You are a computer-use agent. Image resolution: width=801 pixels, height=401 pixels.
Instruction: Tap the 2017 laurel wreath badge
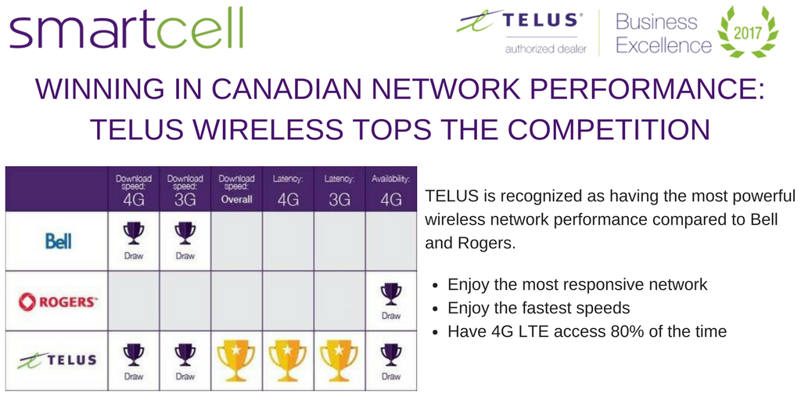[x=749, y=32]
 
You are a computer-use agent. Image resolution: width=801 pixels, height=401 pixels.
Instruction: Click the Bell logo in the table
[x=58, y=241]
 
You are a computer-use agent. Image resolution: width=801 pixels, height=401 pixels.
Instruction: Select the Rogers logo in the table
[x=58, y=302]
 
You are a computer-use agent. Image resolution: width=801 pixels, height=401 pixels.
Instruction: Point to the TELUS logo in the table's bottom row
[x=58, y=360]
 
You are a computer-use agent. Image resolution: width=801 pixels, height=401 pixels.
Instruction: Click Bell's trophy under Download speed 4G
[x=133, y=234]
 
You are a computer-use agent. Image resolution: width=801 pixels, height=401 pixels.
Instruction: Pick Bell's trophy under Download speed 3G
[x=185, y=234]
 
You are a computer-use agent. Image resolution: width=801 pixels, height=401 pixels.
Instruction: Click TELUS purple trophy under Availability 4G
[x=390, y=356]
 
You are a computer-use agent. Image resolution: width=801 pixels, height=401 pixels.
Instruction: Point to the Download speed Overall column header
[x=236, y=189]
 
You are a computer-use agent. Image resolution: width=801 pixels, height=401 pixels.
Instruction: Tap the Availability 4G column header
[x=390, y=189]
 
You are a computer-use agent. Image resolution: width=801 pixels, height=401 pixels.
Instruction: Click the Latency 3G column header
[x=339, y=189]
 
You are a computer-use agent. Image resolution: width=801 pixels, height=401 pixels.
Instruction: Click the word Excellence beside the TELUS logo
[x=663, y=45]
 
